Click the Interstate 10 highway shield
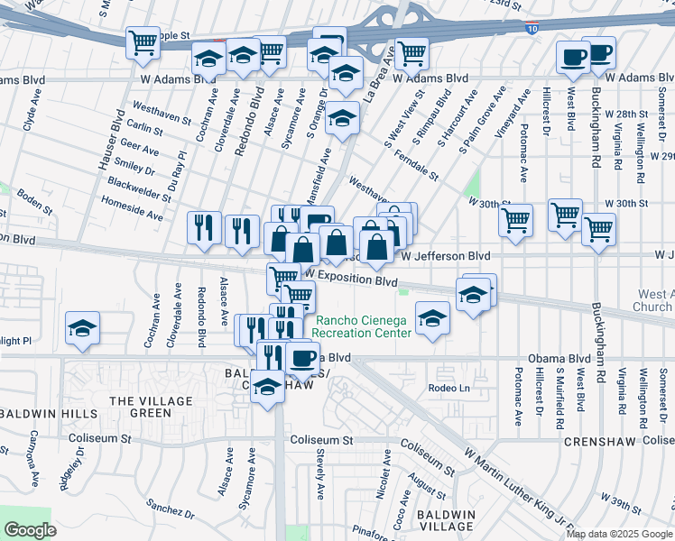pyautogui.click(x=532, y=30)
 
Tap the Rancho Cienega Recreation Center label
pyautogui.click(x=362, y=326)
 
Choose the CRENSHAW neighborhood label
pyautogui.click(x=601, y=442)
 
